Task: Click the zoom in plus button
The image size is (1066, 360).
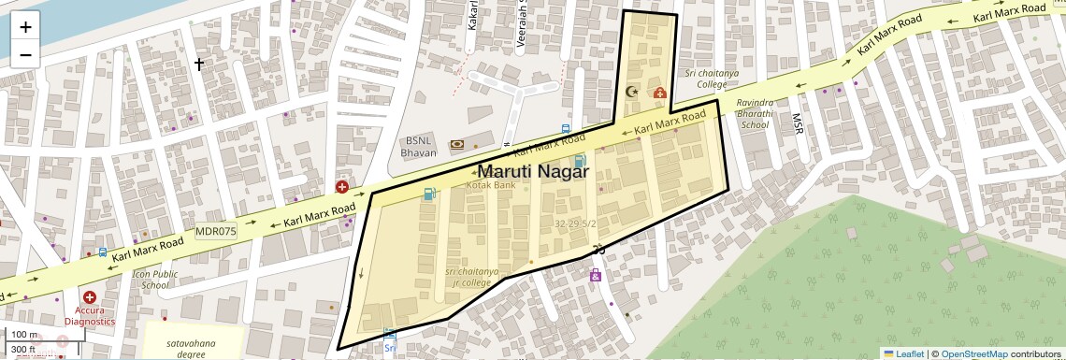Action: coord(25,27)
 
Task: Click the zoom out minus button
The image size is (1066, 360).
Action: coord(25,54)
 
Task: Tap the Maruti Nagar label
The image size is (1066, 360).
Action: coord(532,172)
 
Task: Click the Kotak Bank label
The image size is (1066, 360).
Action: coord(490,186)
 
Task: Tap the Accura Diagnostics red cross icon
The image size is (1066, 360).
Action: coord(90,297)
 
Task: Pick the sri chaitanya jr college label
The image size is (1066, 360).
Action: coord(472,277)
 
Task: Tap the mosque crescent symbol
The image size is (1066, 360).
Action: coord(631,92)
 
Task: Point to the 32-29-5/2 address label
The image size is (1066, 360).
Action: coord(574,224)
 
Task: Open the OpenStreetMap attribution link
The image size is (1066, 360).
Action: coord(973,353)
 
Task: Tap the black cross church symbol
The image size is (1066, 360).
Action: coord(198,64)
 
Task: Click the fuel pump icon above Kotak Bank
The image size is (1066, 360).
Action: coord(429,194)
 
